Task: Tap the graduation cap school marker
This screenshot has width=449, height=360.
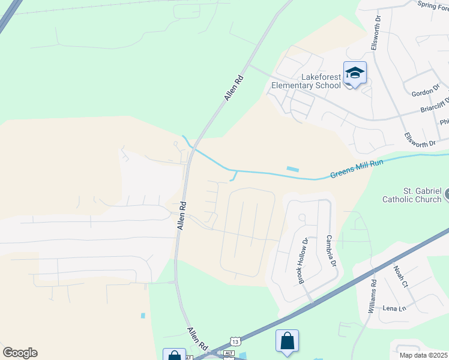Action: (x=354, y=73)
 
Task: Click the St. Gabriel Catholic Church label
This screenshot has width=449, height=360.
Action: (x=412, y=195)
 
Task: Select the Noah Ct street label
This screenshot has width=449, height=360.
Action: (x=400, y=276)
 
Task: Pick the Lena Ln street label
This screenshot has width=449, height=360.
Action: (x=394, y=308)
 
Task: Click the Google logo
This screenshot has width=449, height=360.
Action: (x=20, y=353)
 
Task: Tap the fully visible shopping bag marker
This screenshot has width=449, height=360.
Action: (x=288, y=341)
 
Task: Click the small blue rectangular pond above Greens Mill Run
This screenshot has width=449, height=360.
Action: (x=292, y=169)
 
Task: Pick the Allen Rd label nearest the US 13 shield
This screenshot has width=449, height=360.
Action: (x=197, y=340)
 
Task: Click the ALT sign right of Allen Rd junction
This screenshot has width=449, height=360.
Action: (x=228, y=353)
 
